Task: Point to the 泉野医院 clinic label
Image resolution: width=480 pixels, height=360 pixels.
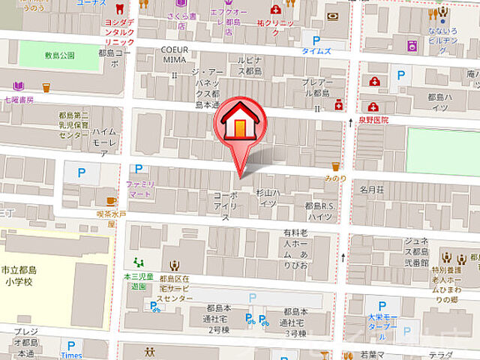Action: [x=373, y=120]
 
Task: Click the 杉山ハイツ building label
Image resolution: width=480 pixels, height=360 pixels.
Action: [x=267, y=197]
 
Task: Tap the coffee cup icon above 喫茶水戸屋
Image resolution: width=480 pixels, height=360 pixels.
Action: [x=111, y=201]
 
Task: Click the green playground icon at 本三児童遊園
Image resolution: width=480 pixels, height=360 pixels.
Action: [x=137, y=262]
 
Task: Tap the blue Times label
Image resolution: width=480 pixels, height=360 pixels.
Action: [x=72, y=355]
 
